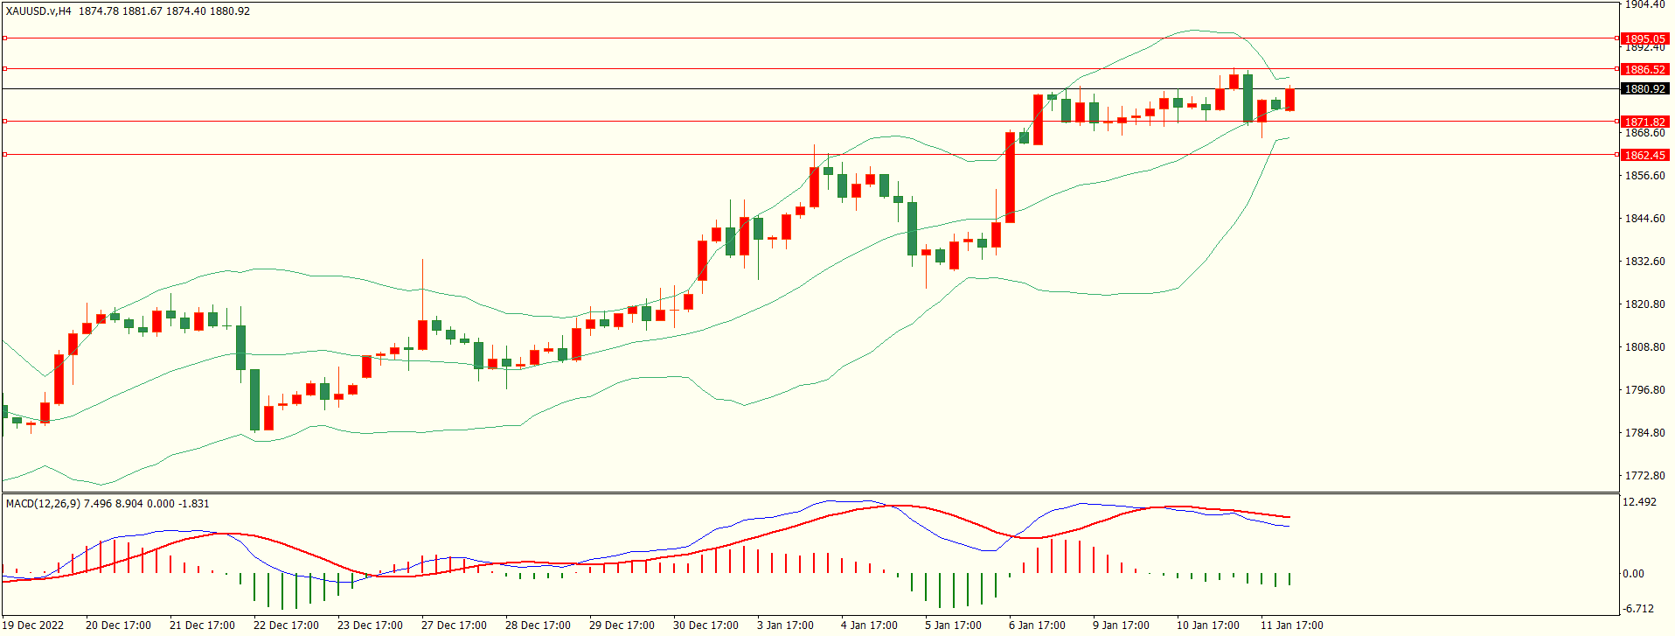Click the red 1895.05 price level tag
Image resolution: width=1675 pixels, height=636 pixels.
1644,38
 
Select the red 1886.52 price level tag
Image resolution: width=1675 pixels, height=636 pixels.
1644,69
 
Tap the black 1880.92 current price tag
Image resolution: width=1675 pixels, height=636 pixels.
1644,89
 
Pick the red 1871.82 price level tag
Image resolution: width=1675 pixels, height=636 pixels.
1644,122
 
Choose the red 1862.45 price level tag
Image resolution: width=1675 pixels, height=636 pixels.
1644,155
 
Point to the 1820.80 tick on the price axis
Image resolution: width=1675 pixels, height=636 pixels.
1644,304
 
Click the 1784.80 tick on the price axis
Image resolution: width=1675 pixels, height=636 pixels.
1644,433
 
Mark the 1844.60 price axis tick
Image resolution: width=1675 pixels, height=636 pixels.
1644,219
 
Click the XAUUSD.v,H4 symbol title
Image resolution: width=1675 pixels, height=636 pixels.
39,11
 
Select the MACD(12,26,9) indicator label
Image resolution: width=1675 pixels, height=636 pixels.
42,504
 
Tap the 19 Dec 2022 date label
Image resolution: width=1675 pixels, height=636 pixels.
34,626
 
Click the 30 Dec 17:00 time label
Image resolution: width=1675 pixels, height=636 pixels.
705,626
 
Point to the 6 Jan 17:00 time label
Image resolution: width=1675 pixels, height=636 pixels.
1037,626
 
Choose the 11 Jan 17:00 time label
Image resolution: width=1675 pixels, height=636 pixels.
1291,626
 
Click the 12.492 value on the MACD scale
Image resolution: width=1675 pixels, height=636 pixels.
1639,502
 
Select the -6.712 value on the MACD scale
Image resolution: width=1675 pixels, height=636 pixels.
1638,609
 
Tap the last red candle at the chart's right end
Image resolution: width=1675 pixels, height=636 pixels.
1289,100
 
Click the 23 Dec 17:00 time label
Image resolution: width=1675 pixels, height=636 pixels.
370,626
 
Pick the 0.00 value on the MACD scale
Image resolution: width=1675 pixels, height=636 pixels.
1633,574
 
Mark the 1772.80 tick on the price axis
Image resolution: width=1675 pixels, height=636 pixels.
1644,476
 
